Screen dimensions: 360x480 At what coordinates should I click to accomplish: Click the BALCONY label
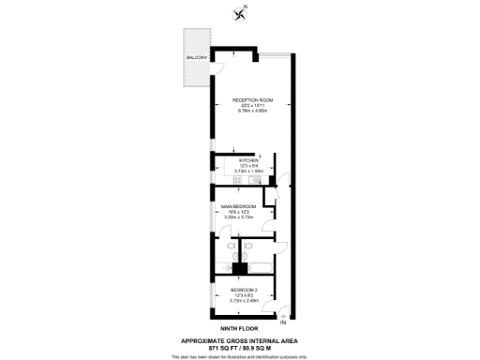click(196, 58)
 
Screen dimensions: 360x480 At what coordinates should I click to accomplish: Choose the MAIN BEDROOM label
click(238, 206)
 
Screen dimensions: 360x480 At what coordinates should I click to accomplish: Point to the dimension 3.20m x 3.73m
click(238, 217)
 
